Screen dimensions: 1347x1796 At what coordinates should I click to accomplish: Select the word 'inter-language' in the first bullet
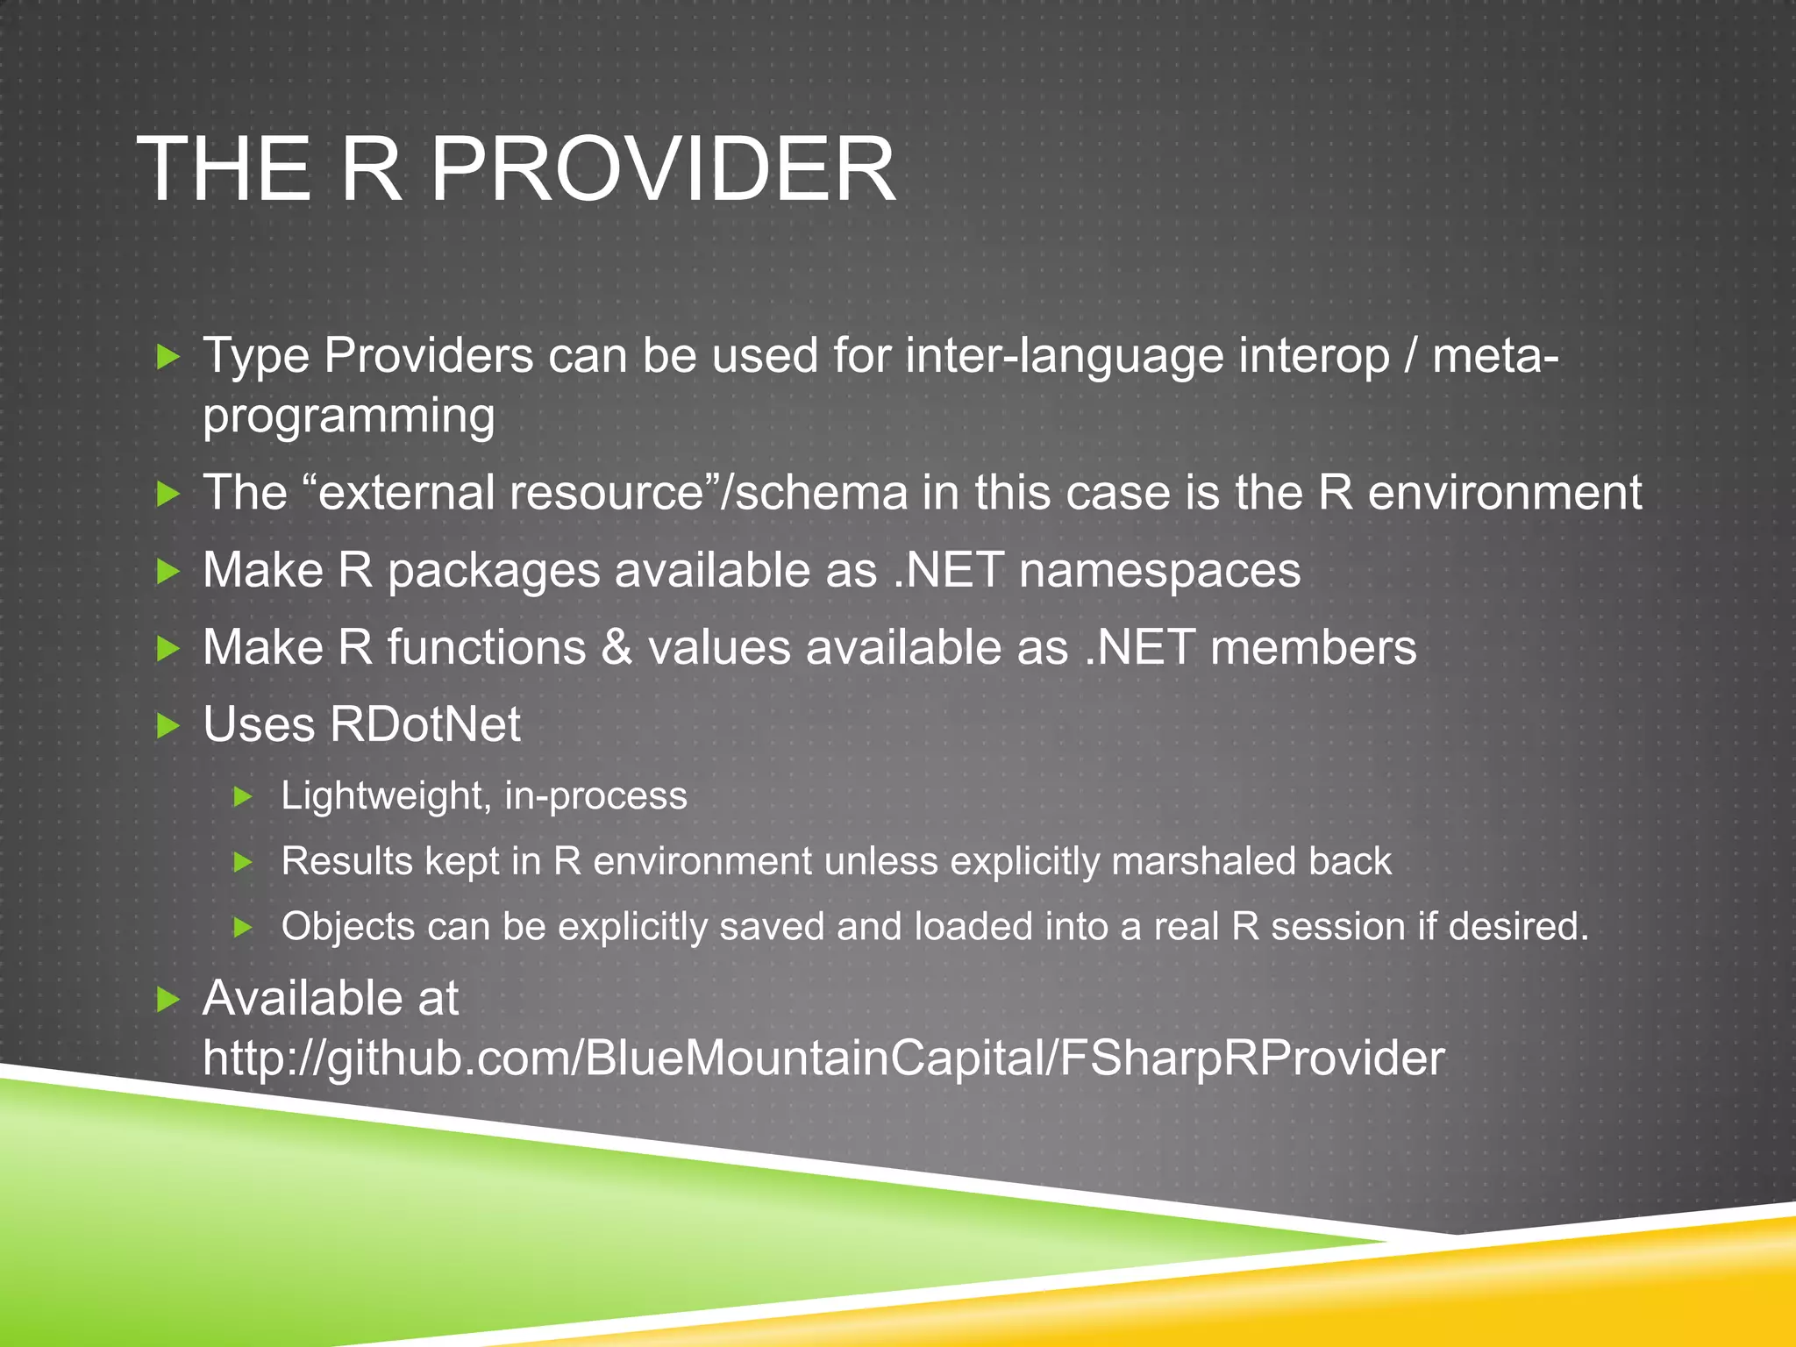1064,357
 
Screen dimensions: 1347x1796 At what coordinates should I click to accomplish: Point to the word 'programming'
348,417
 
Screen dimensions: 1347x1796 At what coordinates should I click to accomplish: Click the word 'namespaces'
1159,571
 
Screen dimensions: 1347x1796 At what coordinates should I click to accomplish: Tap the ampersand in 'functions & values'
616,648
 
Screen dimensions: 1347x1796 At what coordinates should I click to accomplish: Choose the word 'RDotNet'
424,725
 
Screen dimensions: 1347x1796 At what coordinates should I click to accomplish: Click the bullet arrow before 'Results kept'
243,862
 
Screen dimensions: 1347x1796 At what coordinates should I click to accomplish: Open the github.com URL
823,1058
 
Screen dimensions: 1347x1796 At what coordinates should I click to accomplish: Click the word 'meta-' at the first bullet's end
1495,357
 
